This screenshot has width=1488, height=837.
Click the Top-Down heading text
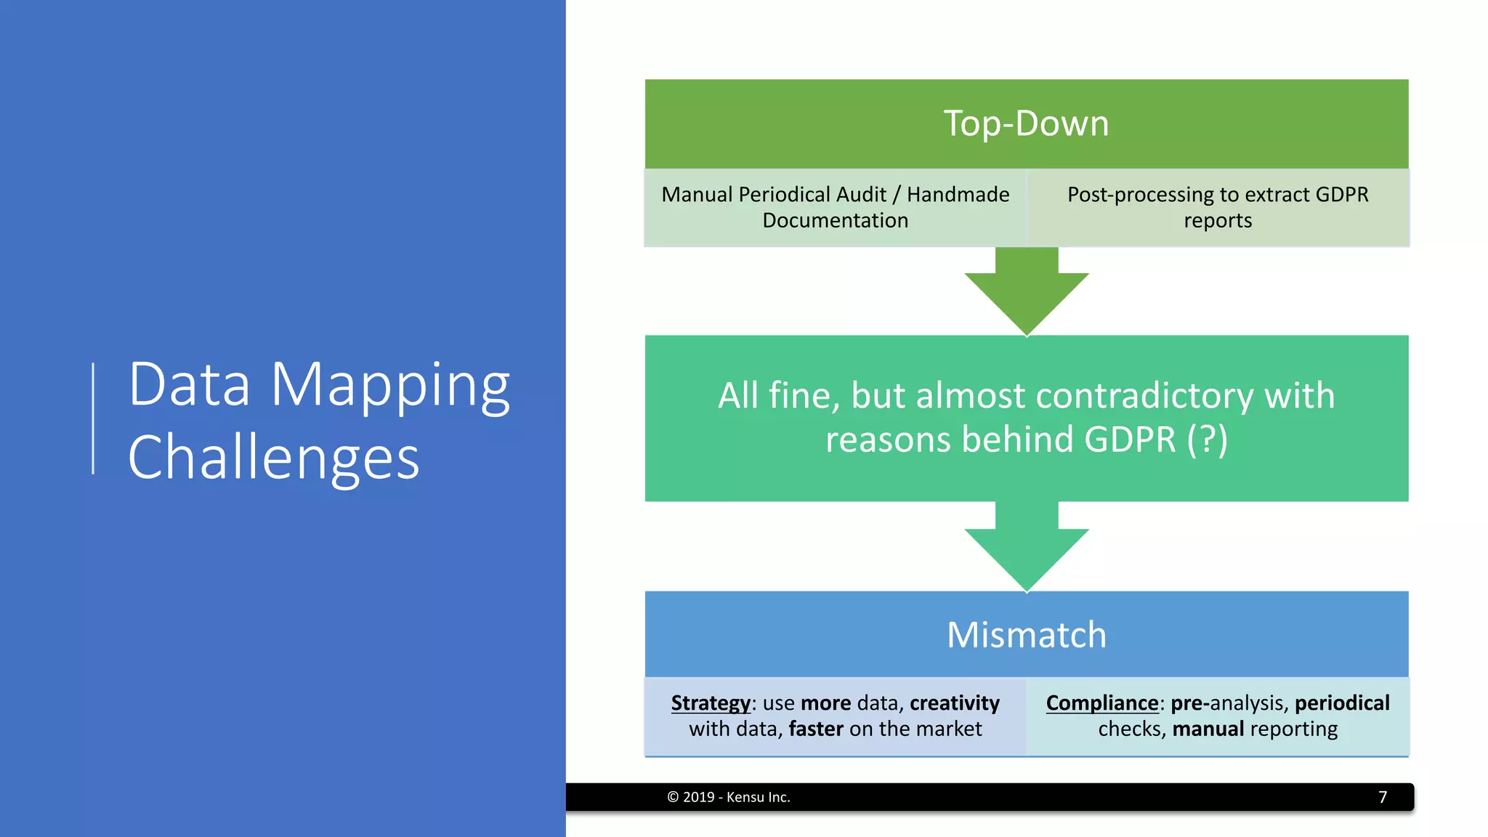pyautogui.click(x=1026, y=124)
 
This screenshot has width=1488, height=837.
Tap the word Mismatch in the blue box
pyautogui.click(x=1026, y=634)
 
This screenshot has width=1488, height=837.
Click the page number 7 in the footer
pyautogui.click(x=1383, y=797)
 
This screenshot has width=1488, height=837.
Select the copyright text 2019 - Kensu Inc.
pyautogui.click(x=729, y=797)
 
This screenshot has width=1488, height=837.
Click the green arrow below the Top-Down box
pyautogui.click(x=1026, y=294)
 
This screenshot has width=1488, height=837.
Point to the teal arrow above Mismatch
pyautogui.click(x=1026, y=550)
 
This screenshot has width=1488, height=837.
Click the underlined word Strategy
pyautogui.click(x=710, y=703)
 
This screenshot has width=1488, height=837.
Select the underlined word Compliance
pyautogui.click(x=1101, y=703)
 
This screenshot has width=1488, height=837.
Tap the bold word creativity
pyautogui.click(x=954, y=703)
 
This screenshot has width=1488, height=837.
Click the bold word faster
pyautogui.click(x=816, y=729)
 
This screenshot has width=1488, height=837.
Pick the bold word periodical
pyautogui.click(x=1341, y=703)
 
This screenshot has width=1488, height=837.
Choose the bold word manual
pyautogui.click(x=1208, y=729)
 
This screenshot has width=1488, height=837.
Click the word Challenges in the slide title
pyautogui.click(x=273, y=458)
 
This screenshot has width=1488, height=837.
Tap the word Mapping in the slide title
pyautogui.click(x=390, y=385)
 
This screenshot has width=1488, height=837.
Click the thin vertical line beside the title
pyautogui.click(x=93, y=418)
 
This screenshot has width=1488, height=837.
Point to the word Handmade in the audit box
pyautogui.click(x=958, y=195)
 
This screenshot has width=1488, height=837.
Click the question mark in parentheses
pyautogui.click(x=1208, y=440)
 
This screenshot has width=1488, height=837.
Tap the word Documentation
pyautogui.click(x=835, y=221)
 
